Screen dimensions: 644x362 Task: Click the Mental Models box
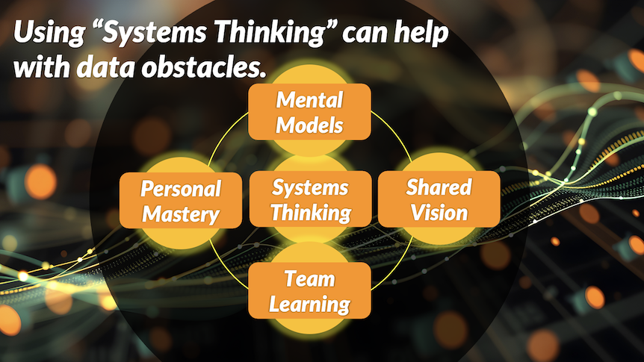(x=310, y=112)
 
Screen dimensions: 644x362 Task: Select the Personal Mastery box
(x=181, y=200)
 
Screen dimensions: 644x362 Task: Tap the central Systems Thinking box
(x=311, y=199)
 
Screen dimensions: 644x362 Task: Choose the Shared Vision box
(x=439, y=199)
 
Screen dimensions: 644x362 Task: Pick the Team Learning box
(x=310, y=290)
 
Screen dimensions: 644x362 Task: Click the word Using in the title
(x=49, y=33)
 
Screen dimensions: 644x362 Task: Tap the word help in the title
(x=421, y=33)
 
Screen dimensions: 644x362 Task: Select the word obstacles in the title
(x=202, y=67)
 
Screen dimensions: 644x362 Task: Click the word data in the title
(x=105, y=67)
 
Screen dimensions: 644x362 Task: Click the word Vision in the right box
(x=439, y=213)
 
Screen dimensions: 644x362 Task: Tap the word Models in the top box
(x=310, y=125)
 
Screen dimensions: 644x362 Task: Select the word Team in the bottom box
(x=310, y=279)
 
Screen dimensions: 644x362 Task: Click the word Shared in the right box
(x=439, y=187)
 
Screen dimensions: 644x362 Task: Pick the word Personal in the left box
(x=181, y=189)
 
